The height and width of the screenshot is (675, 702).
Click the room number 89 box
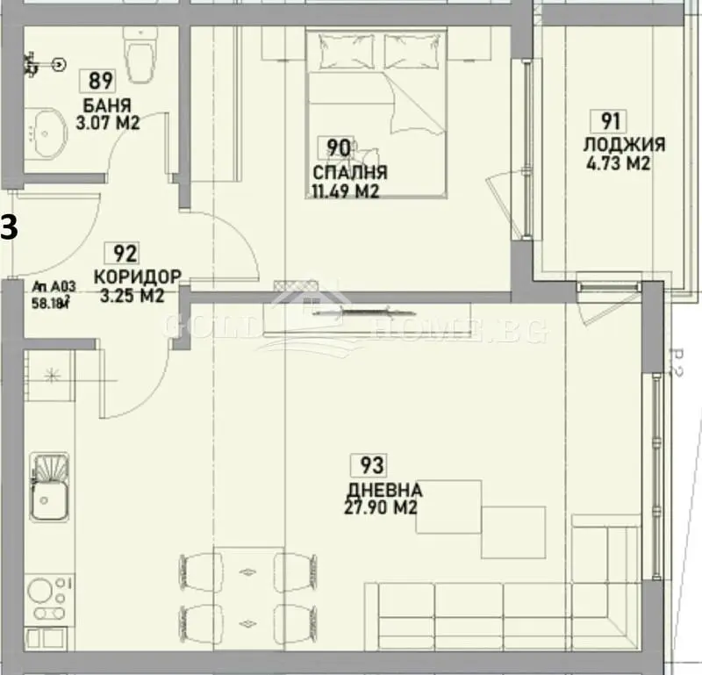(101, 82)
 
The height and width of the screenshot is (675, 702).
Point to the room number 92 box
(125, 255)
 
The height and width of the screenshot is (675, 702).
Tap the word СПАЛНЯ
(349, 172)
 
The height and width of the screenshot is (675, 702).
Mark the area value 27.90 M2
(380, 507)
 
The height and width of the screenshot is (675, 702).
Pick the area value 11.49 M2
(345, 190)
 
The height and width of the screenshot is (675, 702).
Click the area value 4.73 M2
(615, 162)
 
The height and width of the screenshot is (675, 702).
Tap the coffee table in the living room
(448, 506)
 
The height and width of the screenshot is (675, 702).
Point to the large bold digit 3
(8, 227)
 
